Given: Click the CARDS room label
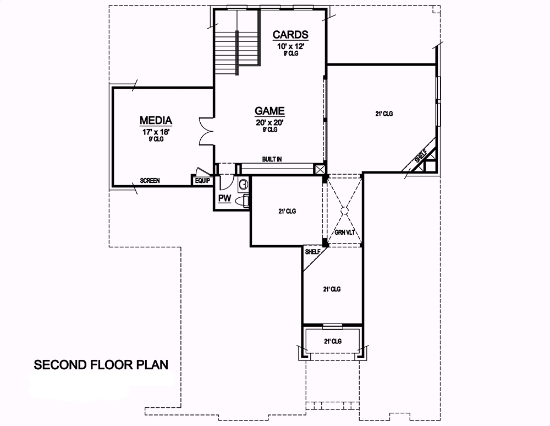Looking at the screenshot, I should pos(290,35).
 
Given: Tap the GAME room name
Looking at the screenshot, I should pos(269,110).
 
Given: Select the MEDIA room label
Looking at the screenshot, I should pos(156,120).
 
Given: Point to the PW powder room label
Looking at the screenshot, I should pos(224,198).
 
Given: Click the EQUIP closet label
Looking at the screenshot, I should pos(202,180).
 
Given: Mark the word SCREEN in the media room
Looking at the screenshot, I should pos(150,180).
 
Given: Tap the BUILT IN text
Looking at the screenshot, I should pos(272,159).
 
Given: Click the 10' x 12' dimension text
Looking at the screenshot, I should pos(290,46).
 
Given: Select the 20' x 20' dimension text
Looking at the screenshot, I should pos(269,122).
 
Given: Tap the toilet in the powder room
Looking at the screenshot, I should pos(241,202).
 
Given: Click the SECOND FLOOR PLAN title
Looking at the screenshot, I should pos(101,365).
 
